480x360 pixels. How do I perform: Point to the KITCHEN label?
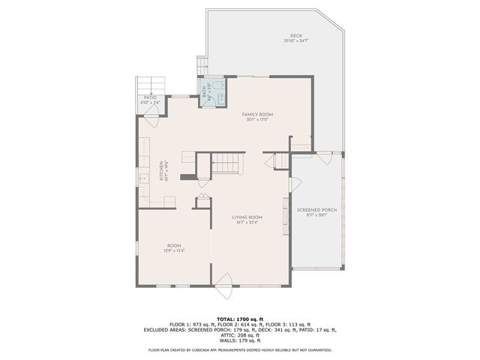coord(160,172)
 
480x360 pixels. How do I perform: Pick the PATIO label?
coord(150,97)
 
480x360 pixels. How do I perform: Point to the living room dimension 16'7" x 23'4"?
coord(247,222)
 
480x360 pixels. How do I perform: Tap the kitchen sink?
coord(142,179)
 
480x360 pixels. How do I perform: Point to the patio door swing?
coord(152,112)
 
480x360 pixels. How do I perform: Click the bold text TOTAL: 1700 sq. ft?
coord(240,319)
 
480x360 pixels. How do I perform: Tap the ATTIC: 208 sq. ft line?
coord(240,334)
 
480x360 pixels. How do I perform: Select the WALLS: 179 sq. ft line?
coord(240,340)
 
